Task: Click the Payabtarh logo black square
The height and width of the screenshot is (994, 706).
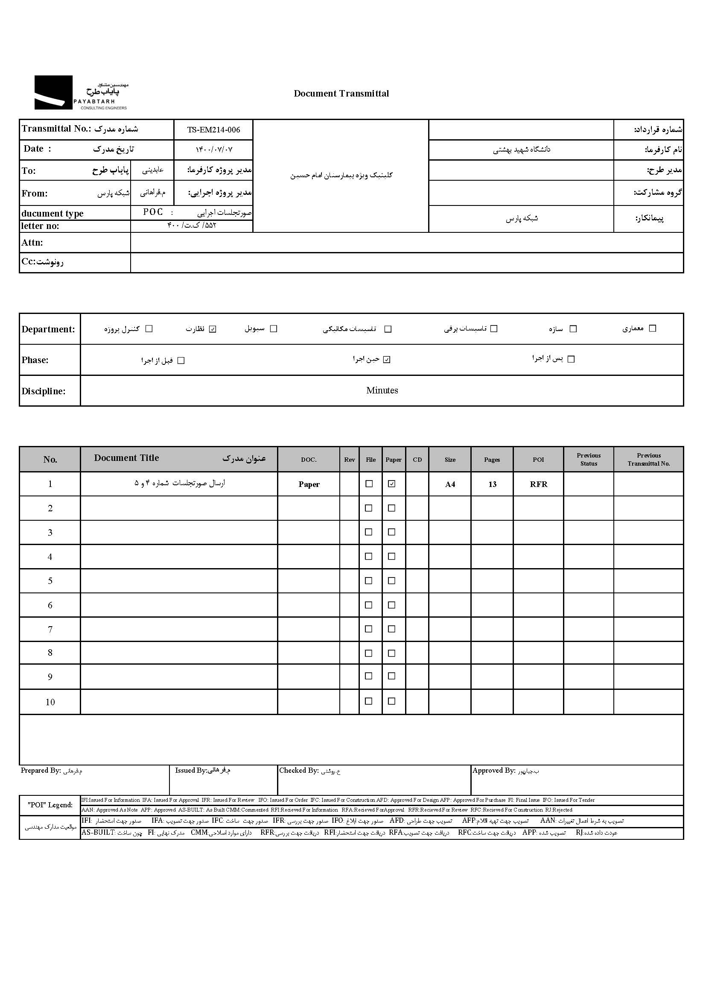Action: pos(53,92)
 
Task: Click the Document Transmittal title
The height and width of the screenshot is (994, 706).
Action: pos(341,94)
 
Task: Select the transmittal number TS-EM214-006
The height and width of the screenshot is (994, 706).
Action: pos(213,129)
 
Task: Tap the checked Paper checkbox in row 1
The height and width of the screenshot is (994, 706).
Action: pos(392,484)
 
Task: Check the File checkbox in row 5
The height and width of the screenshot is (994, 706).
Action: pos(369,581)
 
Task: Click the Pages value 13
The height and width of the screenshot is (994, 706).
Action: pos(492,484)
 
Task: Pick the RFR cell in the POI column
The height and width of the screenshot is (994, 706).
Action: pos(539,484)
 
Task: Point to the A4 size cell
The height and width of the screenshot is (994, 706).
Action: pos(450,484)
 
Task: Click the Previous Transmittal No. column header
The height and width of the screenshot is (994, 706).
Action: pos(649,459)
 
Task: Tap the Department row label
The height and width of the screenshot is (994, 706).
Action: pos(48,329)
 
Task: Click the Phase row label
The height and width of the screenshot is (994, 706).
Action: pos(35,360)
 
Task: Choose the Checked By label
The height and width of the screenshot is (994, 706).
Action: pos(299,771)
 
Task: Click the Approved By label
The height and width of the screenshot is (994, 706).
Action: pos(494,771)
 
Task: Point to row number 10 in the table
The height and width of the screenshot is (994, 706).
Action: pos(50,702)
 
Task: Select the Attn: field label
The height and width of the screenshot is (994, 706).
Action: pos(32,243)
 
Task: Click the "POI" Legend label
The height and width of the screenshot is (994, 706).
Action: pos(50,805)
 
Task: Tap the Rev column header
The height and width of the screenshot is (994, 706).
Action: pos(350,460)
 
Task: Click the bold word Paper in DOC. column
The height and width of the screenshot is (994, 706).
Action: pos(309,484)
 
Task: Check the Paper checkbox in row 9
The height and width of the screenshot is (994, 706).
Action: pos(392,676)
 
